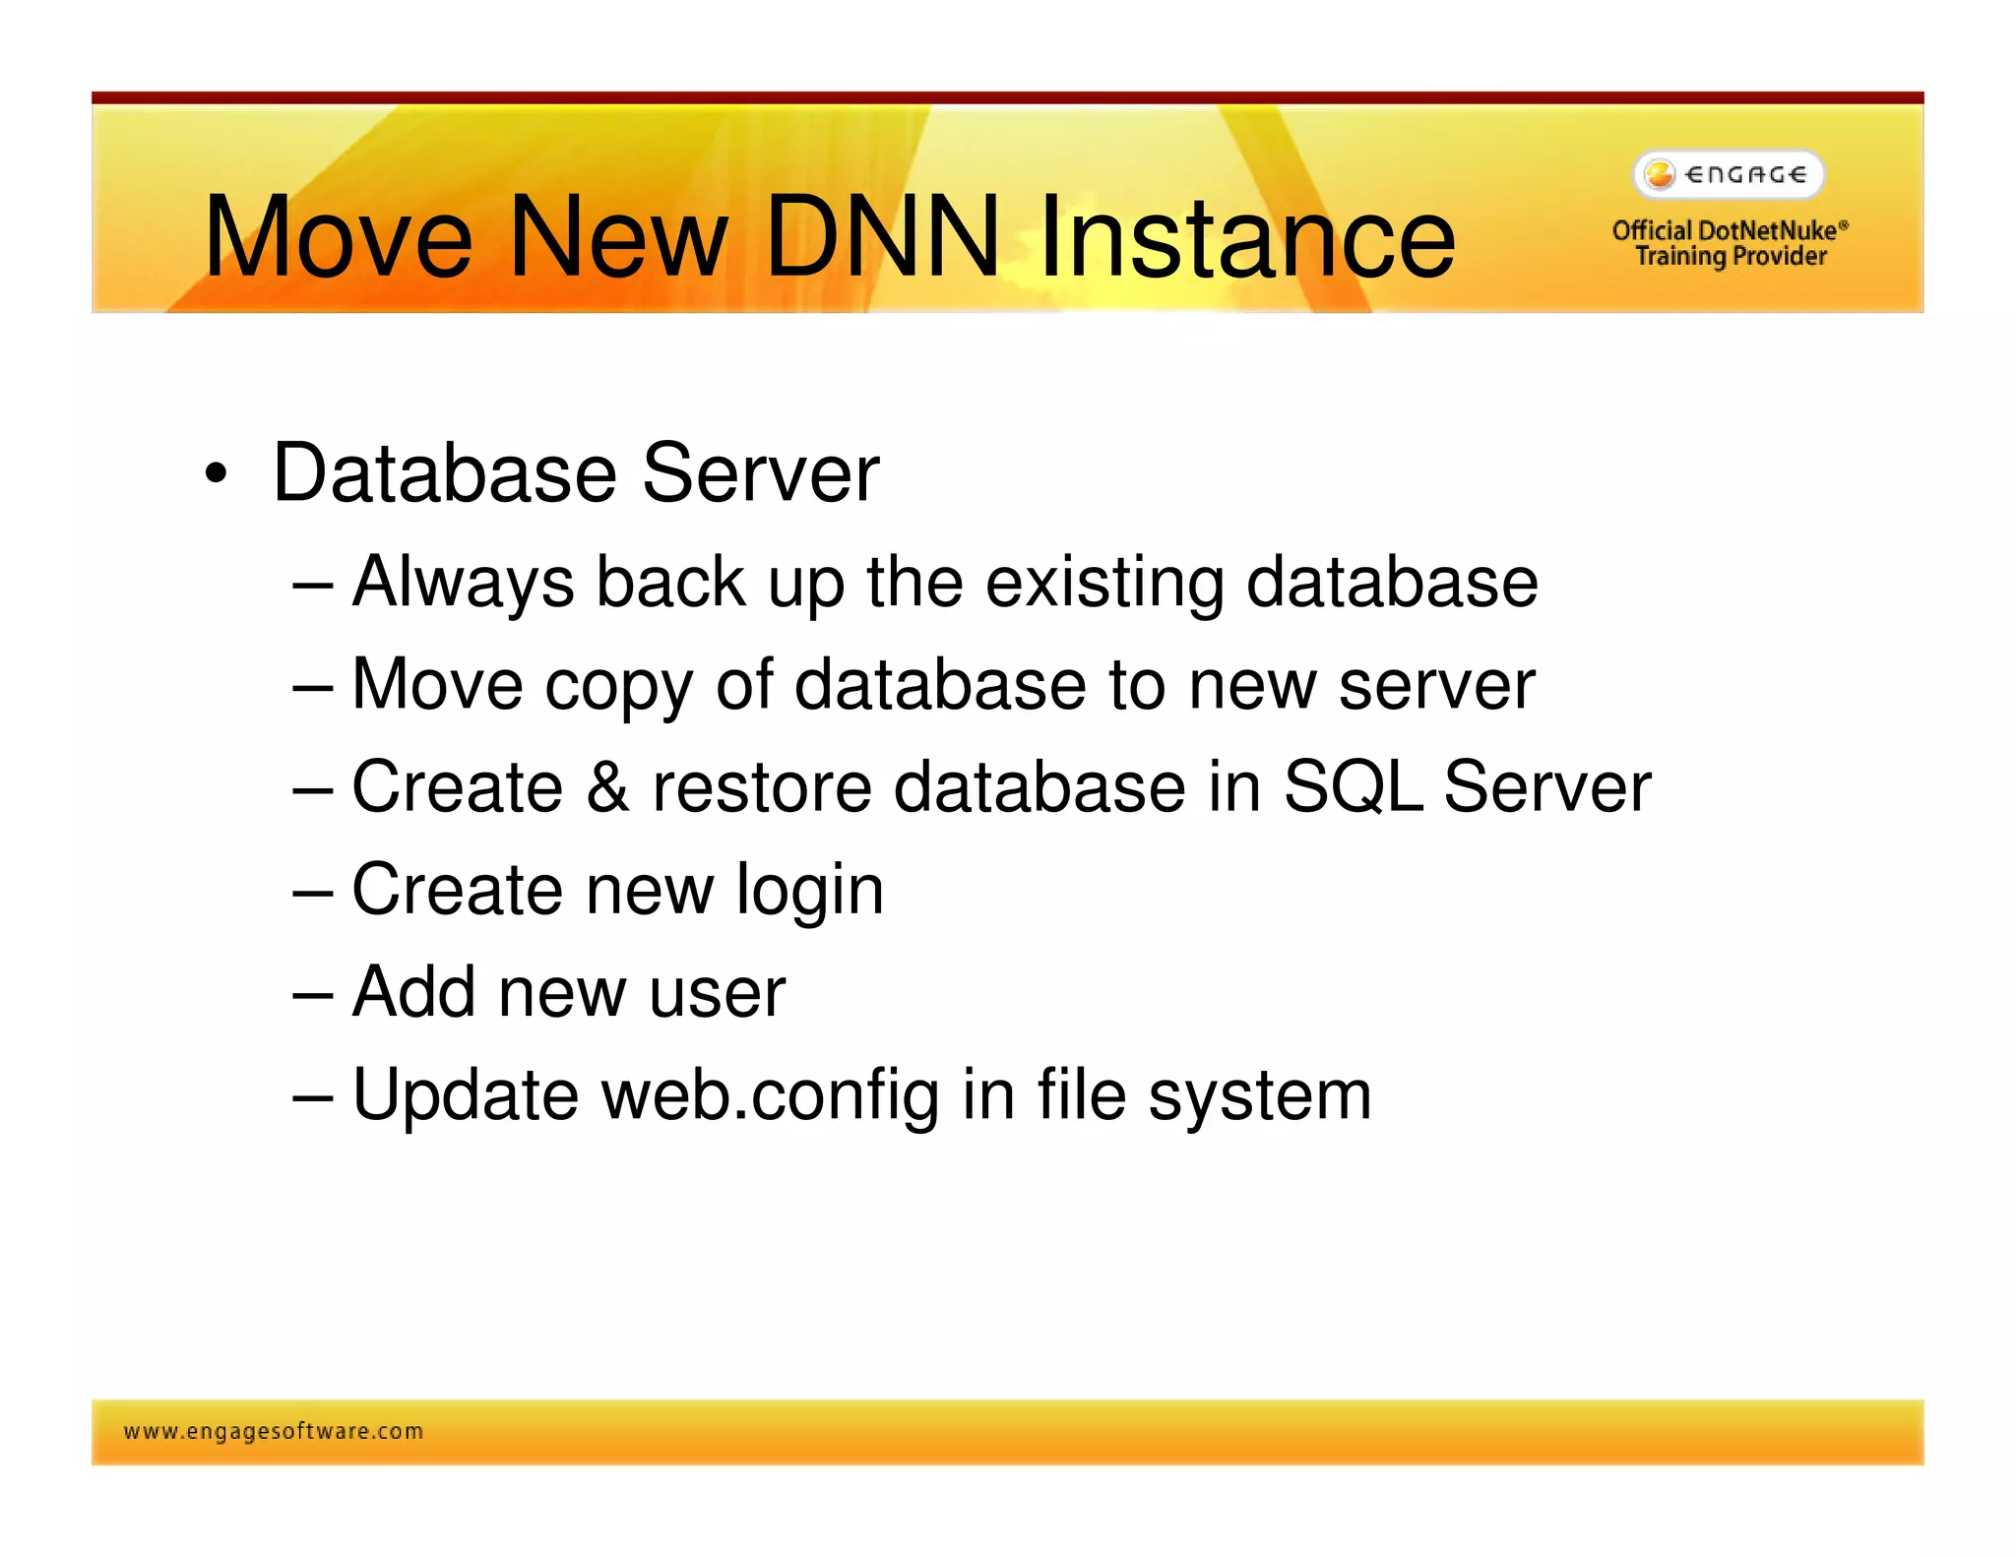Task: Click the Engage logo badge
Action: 1729,175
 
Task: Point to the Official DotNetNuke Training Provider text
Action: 1730,243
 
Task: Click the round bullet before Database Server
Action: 216,474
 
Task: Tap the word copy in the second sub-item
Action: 618,686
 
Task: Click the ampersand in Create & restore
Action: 607,787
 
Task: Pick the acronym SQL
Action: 1353,787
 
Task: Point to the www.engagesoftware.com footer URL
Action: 274,1431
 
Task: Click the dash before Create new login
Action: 313,891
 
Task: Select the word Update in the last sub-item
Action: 465,1095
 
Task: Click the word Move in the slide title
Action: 338,237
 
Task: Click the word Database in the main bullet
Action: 444,474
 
